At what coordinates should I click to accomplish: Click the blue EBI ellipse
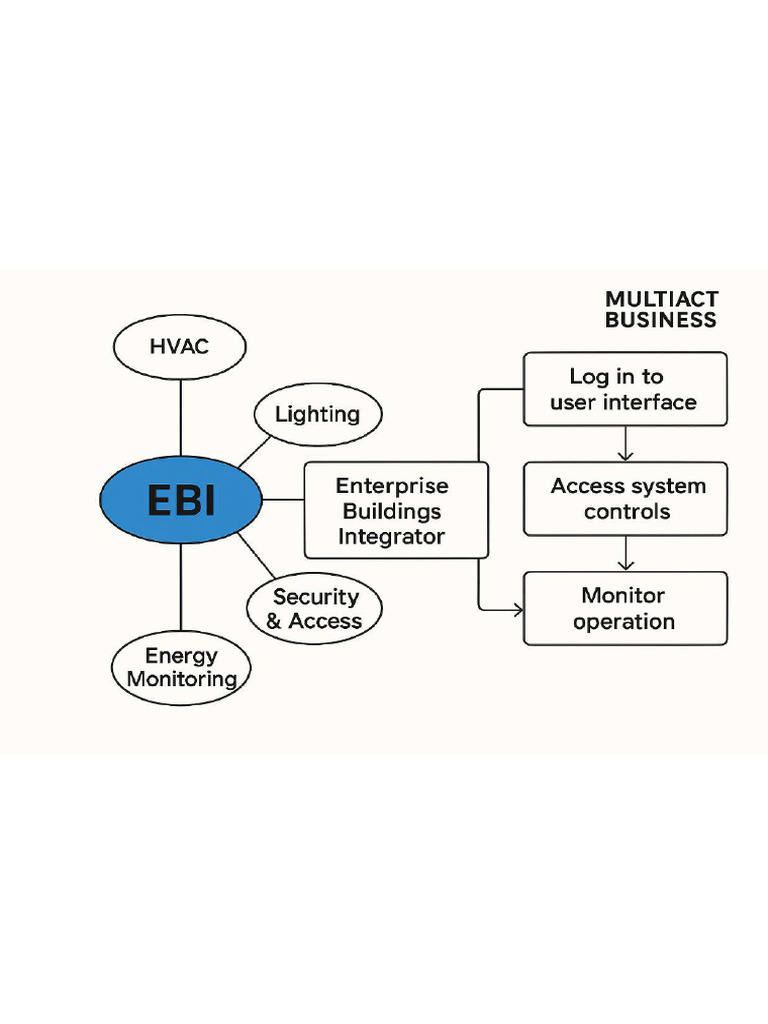coord(181,499)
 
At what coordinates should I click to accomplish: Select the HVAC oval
coord(180,348)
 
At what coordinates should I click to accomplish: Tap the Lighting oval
coord(317,414)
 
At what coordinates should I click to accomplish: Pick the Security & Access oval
coord(316,609)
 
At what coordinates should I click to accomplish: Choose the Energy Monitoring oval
coord(181,668)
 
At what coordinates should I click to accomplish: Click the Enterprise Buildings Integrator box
coord(396,510)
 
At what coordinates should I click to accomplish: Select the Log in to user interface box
coord(625,389)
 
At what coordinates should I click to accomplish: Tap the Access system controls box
coord(625,499)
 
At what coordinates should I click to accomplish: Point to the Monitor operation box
coord(625,608)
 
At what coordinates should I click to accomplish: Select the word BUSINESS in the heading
coord(661,321)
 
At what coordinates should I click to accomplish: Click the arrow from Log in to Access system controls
coord(625,443)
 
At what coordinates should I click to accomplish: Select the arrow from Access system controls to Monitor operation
coord(625,553)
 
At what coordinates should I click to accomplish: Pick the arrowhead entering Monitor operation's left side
coord(518,608)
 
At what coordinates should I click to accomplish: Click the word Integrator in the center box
coord(391,536)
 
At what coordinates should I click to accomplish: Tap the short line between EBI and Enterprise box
coord(283,499)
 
